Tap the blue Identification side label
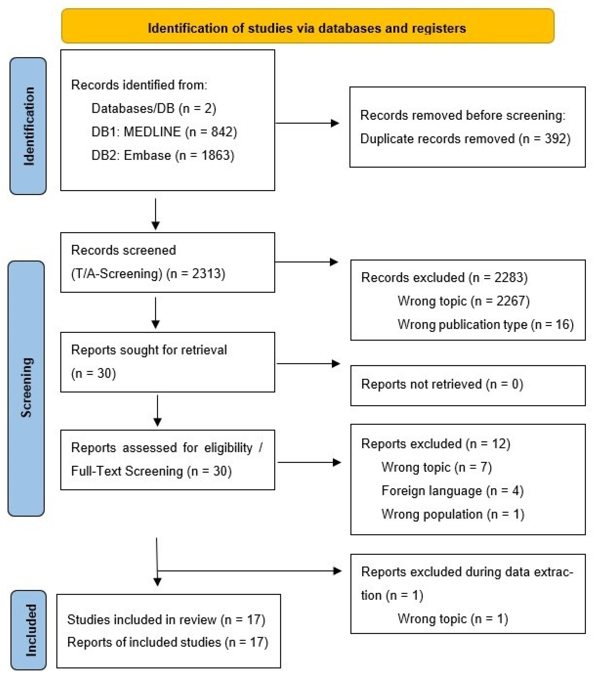28,126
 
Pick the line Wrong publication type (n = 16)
485,325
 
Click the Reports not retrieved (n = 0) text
442,384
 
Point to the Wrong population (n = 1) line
453,514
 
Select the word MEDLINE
152,132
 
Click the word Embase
147,155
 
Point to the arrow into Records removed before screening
334,123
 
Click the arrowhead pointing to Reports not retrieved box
336,364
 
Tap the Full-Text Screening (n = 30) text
151,471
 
